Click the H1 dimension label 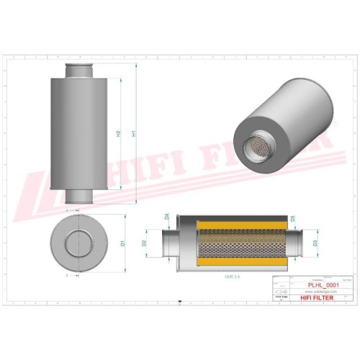coord(133,134)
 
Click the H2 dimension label coord(117,134)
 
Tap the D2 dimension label coord(145,243)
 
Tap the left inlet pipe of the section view coord(168,243)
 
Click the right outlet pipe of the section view coord(294,243)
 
